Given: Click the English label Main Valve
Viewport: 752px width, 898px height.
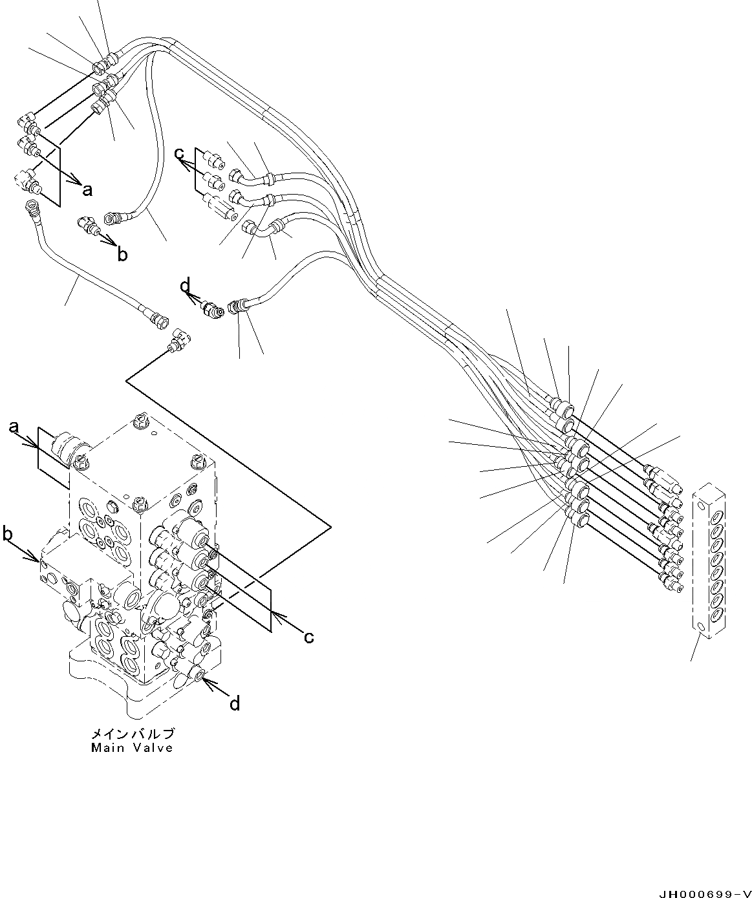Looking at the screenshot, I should (x=132, y=748).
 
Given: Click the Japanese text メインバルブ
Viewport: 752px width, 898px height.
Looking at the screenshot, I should (x=132, y=734).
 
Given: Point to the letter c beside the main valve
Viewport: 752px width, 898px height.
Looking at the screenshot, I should (x=309, y=637).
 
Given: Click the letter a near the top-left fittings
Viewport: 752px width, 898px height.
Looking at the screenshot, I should (x=87, y=189).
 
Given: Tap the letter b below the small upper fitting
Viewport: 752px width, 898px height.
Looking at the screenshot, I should (x=122, y=255).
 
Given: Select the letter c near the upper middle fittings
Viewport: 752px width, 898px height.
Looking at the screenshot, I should (x=179, y=154).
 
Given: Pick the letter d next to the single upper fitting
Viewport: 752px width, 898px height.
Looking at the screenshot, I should (x=186, y=284).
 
